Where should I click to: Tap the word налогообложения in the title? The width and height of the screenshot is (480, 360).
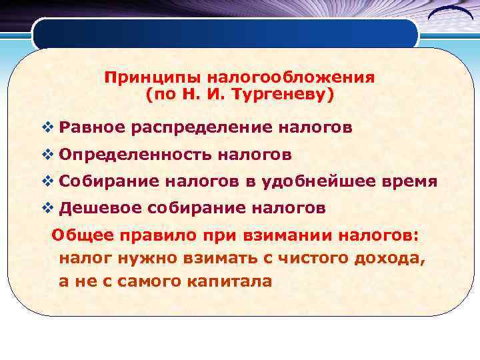pos(281,77)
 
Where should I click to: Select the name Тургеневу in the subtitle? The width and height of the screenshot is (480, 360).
pos(280,95)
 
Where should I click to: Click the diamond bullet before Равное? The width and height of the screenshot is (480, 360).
pos(46,127)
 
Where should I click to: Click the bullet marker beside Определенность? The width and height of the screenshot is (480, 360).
pos(46,155)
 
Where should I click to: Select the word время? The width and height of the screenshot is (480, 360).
pos(413,182)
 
